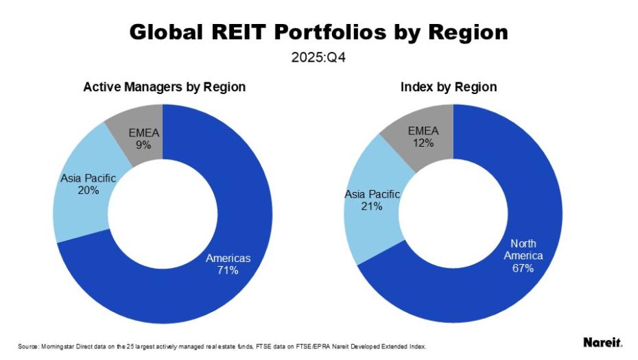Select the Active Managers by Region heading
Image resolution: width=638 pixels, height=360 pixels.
pyautogui.click(x=164, y=87)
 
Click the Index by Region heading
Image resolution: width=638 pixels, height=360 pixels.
pyautogui.click(x=449, y=87)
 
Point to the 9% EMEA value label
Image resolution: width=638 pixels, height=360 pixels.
pyautogui.click(x=144, y=145)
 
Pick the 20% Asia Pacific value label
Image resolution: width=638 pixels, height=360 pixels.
pyautogui.click(x=88, y=190)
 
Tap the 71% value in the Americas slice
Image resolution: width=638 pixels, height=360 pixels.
pyautogui.click(x=228, y=270)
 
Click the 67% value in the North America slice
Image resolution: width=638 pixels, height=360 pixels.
pyautogui.click(x=523, y=268)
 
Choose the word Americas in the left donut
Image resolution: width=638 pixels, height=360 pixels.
pyautogui.click(x=228, y=259)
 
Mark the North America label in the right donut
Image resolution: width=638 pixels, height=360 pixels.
pyautogui.click(x=523, y=250)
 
